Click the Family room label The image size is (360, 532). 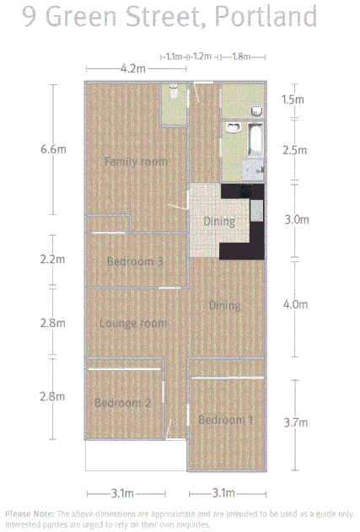(135, 161)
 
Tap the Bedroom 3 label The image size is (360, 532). (135, 261)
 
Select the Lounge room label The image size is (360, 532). (133, 323)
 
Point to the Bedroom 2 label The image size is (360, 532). (122, 403)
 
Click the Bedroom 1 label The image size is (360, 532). (225, 419)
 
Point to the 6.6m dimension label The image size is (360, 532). (52, 149)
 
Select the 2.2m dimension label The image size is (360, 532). (52, 260)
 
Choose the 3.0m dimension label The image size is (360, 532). (295, 219)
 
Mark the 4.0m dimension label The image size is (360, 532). (295, 304)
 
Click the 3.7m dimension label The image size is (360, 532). (295, 422)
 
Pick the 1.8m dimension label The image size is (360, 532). (241, 56)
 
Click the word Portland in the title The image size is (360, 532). (266, 17)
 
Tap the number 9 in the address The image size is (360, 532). (30, 17)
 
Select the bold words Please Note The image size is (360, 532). (30, 513)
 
